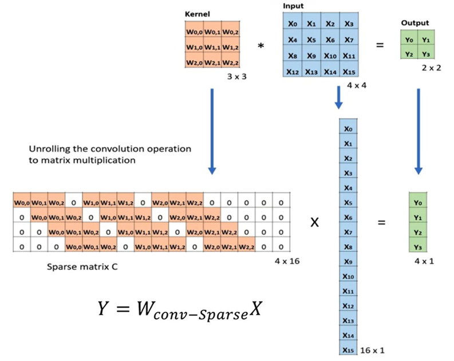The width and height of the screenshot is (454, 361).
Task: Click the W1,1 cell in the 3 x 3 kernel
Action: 212,47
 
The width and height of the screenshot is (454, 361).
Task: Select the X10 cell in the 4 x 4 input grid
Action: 330,56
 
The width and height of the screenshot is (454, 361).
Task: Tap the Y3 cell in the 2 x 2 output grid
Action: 426,54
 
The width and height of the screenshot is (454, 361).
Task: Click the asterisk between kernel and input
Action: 261,46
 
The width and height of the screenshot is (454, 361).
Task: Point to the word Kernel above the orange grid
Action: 197,14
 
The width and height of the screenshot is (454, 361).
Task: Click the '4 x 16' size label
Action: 287,261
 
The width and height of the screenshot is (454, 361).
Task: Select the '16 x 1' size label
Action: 372,350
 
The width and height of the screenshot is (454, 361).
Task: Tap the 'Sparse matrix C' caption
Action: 82,266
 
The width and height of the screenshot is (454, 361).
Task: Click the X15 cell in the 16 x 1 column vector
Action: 348,350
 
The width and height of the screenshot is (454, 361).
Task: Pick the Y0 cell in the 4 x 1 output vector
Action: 417,202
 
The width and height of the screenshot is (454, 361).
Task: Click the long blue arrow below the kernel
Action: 212,132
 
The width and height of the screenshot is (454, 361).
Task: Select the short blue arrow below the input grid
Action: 339,97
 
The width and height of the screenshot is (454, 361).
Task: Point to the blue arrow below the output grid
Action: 418,132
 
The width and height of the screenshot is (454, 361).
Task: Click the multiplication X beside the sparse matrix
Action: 314,222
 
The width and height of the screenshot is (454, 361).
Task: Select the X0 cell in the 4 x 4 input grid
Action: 293,23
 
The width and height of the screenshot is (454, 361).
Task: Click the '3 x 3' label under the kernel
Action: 237,76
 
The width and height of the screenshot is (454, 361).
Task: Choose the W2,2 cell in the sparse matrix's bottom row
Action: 246,246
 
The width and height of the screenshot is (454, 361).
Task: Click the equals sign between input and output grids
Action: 380,45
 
